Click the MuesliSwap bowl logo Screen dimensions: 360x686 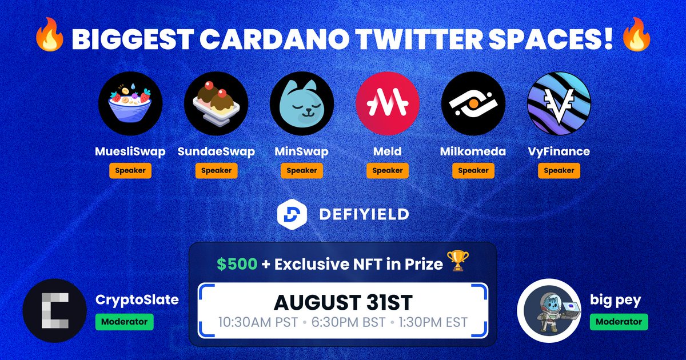pyautogui.click(x=130, y=103)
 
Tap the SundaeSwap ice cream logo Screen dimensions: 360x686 pyautogui.click(x=216, y=103)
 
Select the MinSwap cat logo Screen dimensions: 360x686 pyautogui.click(x=302, y=103)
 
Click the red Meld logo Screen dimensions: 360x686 pyautogui.click(x=388, y=103)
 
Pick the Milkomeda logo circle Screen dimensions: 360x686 pyautogui.click(x=473, y=103)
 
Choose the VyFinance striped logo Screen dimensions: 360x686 pyautogui.click(x=559, y=103)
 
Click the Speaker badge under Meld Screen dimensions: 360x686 pyautogui.click(x=388, y=170)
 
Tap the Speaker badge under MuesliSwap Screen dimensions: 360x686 pyautogui.click(x=130, y=170)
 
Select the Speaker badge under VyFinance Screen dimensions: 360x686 pyautogui.click(x=559, y=170)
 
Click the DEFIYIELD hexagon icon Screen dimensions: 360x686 pyautogui.click(x=289, y=214)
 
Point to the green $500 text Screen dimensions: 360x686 pyautogui.click(x=232, y=264)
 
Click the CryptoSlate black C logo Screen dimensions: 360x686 pyautogui.click(x=54, y=310)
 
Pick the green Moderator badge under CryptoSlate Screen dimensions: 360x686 pyautogui.click(x=124, y=322)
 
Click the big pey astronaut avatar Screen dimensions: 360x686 pyautogui.click(x=549, y=310)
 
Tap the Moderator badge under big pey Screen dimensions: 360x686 pyautogui.click(x=619, y=322)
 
